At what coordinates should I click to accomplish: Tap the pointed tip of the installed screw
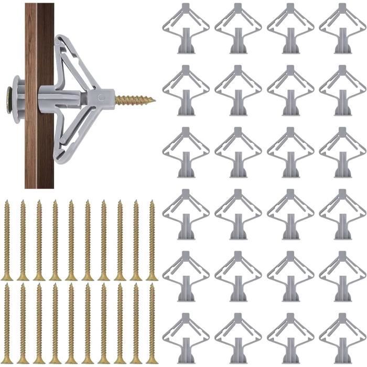point(154,99)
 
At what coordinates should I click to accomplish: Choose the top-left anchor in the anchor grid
point(186,28)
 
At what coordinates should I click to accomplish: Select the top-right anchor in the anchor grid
point(342,28)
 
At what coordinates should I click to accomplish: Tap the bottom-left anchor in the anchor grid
point(186,338)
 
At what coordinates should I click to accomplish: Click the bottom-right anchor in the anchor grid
point(342,338)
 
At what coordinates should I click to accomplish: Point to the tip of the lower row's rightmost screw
point(152,286)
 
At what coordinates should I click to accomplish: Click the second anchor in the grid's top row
point(238,28)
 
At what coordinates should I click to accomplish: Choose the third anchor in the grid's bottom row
point(290,338)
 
